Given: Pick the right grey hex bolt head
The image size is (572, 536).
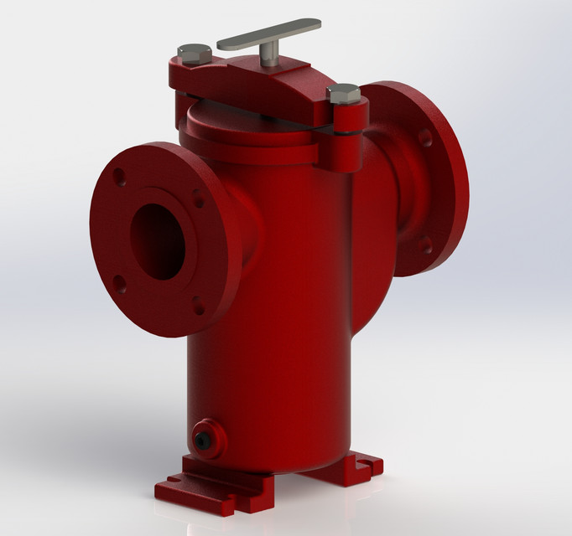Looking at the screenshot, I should [344, 94].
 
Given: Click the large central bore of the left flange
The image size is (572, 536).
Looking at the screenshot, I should [158, 241].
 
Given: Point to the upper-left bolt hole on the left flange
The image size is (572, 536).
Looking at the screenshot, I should [120, 178].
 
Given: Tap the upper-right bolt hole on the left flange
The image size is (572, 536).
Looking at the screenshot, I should [198, 199].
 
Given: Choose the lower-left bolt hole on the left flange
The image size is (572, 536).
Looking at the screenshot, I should [120, 283].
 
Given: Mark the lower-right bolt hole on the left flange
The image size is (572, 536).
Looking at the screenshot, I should [198, 304].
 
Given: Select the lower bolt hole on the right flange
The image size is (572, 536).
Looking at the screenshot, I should [425, 245].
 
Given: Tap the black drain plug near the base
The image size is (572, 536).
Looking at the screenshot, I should [203, 437].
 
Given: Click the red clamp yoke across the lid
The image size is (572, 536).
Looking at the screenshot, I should [252, 84].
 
